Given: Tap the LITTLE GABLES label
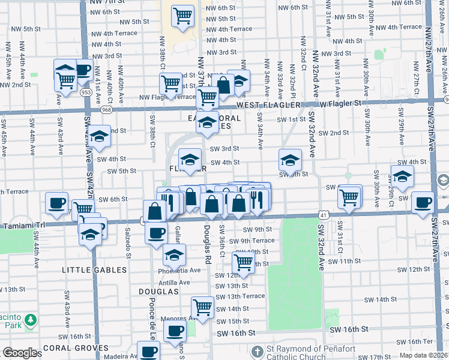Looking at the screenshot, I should pyautogui.click(x=94, y=270).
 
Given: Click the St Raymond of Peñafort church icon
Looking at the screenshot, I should pyautogui.click(x=258, y=351).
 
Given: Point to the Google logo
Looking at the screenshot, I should pyautogui.click(x=20, y=353).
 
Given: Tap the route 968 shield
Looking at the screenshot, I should pyautogui.click(x=106, y=109).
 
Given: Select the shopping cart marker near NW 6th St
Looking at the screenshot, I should pyautogui.click(x=182, y=16).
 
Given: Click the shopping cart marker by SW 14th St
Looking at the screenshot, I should pyautogui.click(x=203, y=307).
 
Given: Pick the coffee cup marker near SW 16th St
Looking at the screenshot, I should pyautogui.click(x=176, y=330).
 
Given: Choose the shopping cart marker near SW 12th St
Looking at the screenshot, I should pyautogui.click(x=243, y=262).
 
